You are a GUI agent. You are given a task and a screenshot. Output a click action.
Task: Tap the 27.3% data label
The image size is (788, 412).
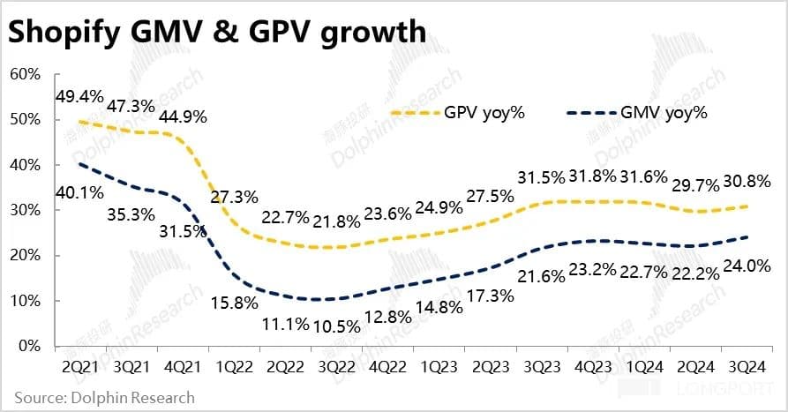pos(236,196)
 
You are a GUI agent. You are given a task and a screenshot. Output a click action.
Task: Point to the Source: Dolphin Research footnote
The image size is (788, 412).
pos(103,397)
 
